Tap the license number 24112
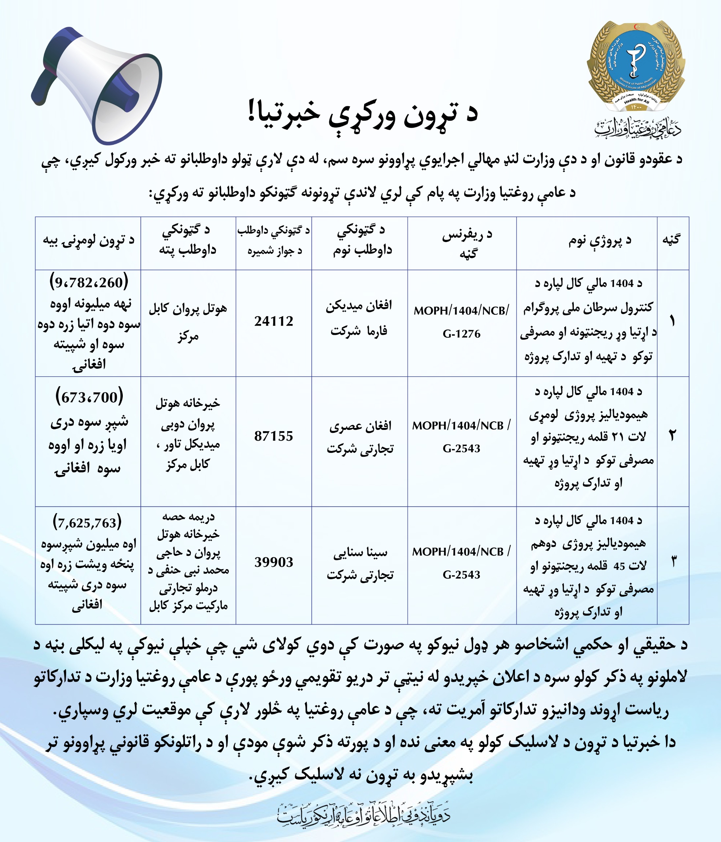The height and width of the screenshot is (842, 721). click(274, 321)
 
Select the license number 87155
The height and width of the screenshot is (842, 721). click(274, 436)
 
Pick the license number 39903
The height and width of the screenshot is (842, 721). click(274, 562)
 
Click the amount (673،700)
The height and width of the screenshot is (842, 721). click(89, 397)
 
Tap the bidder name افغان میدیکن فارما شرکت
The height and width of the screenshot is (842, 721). click(359, 318)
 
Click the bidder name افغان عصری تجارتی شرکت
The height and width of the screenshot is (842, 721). click(360, 437)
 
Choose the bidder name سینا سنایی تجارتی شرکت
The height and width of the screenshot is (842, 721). click(360, 563)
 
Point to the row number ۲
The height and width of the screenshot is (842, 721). click(672, 436)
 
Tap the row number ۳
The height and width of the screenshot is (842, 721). click(673, 562)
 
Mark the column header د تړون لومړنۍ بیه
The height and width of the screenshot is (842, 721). click(89, 240)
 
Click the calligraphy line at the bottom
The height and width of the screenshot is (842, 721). click(364, 814)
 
